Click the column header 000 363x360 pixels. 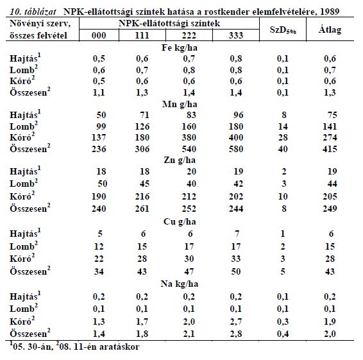(99, 35)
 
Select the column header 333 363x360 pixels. (236, 35)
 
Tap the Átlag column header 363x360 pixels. (330, 30)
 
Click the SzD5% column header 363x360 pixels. (283, 30)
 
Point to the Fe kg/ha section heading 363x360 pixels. (180, 47)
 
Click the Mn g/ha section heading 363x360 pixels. (180, 104)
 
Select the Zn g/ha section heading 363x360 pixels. (180, 160)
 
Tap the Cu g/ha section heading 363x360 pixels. (180, 221)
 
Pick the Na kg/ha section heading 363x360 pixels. (180, 284)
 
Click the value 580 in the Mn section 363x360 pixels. (236, 149)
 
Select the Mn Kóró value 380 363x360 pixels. (189, 137)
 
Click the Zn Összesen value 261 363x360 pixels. (142, 209)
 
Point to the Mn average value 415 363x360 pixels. (330, 149)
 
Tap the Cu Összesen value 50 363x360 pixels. (236, 271)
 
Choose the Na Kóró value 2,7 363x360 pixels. (236, 321)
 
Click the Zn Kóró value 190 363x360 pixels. (99, 196)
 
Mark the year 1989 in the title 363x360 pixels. (330, 12)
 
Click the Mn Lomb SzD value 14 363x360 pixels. (283, 126)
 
